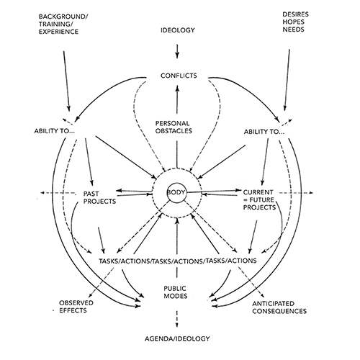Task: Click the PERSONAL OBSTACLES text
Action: click(x=176, y=127)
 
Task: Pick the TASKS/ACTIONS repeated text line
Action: click(x=176, y=258)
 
